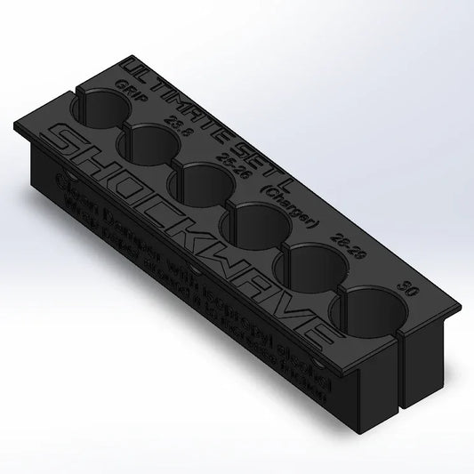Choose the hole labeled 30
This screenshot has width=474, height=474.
point(366,311)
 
